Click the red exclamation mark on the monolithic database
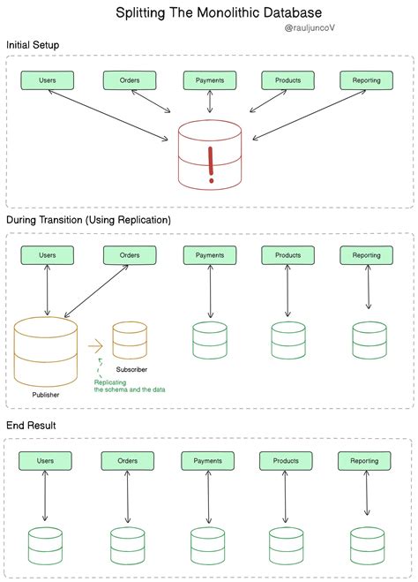tap(210, 164)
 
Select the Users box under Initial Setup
tap(47, 80)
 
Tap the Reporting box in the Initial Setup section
tap(366, 80)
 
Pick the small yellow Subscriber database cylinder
tap(130, 341)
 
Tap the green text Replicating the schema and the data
tap(130, 385)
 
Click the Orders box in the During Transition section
tap(129, 255)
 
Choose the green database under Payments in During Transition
tap(210, 340)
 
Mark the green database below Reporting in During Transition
tap(369, 340)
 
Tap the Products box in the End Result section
tap(286, 461)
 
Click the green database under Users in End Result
tap(45, 546)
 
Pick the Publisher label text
tap(46, 396)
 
